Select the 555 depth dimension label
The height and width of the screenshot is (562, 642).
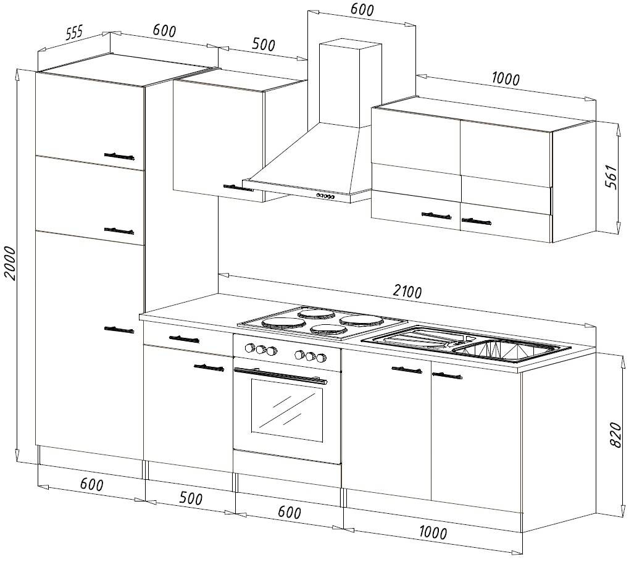click(73, 34)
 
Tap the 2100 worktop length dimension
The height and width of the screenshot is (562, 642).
click(407, 291)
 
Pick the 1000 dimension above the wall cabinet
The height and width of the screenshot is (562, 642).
click(506, 78)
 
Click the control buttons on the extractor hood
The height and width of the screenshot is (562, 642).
click(325, 196)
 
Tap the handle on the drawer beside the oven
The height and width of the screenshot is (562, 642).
click(184, 338)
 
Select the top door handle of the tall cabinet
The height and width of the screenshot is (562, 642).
click(119, 156)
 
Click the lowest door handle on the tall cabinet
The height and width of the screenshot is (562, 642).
click(119, 329)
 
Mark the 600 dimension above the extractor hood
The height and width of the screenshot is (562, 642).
click(362, 10)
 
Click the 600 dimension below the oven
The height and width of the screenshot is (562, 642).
click(289, 513)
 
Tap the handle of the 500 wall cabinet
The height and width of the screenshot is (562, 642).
click(238, 187)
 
